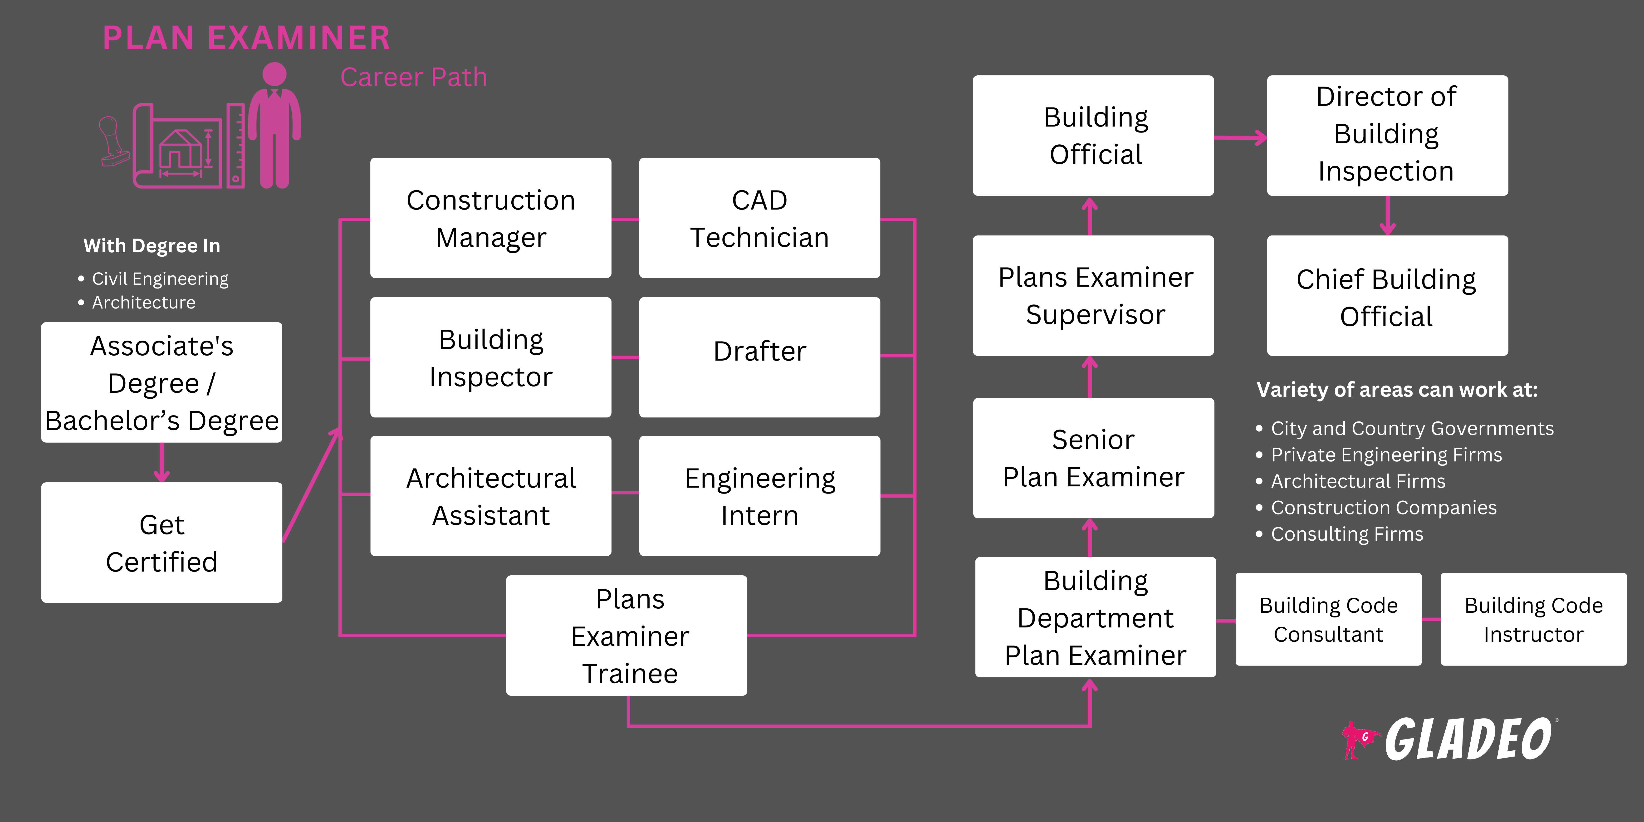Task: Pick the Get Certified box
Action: [161, 543]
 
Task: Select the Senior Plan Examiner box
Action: [1093, 458]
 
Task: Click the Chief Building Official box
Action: [1387, 296]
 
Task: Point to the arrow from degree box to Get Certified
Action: [161, 463]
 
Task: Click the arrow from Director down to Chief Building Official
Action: [1387, 216]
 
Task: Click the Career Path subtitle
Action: [414, 77]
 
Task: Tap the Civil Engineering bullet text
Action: [160, 279]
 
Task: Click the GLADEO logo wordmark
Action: [1468, 739]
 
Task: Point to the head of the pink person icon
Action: [274, 74]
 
